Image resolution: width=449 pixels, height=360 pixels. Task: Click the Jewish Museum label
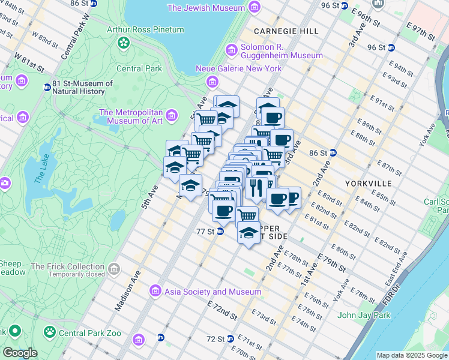point(206,8)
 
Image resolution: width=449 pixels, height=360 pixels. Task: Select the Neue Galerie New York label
point(238,68)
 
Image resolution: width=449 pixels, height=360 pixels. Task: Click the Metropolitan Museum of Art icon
point(172,115)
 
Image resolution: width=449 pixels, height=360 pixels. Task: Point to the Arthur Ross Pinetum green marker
point(124,42)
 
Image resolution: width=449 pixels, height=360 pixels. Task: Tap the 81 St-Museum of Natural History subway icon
point(47,88)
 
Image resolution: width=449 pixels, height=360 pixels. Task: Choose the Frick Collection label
point(67,266)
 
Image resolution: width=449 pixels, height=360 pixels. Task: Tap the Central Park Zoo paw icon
point(49,331)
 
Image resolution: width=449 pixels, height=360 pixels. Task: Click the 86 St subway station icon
point(332,154)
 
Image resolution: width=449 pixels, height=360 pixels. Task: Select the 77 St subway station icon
point(220,231)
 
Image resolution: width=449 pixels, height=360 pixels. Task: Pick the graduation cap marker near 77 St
point(249,232)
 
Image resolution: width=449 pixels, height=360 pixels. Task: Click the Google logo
point(19,353)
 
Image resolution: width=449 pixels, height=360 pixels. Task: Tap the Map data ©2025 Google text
point(411,355)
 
